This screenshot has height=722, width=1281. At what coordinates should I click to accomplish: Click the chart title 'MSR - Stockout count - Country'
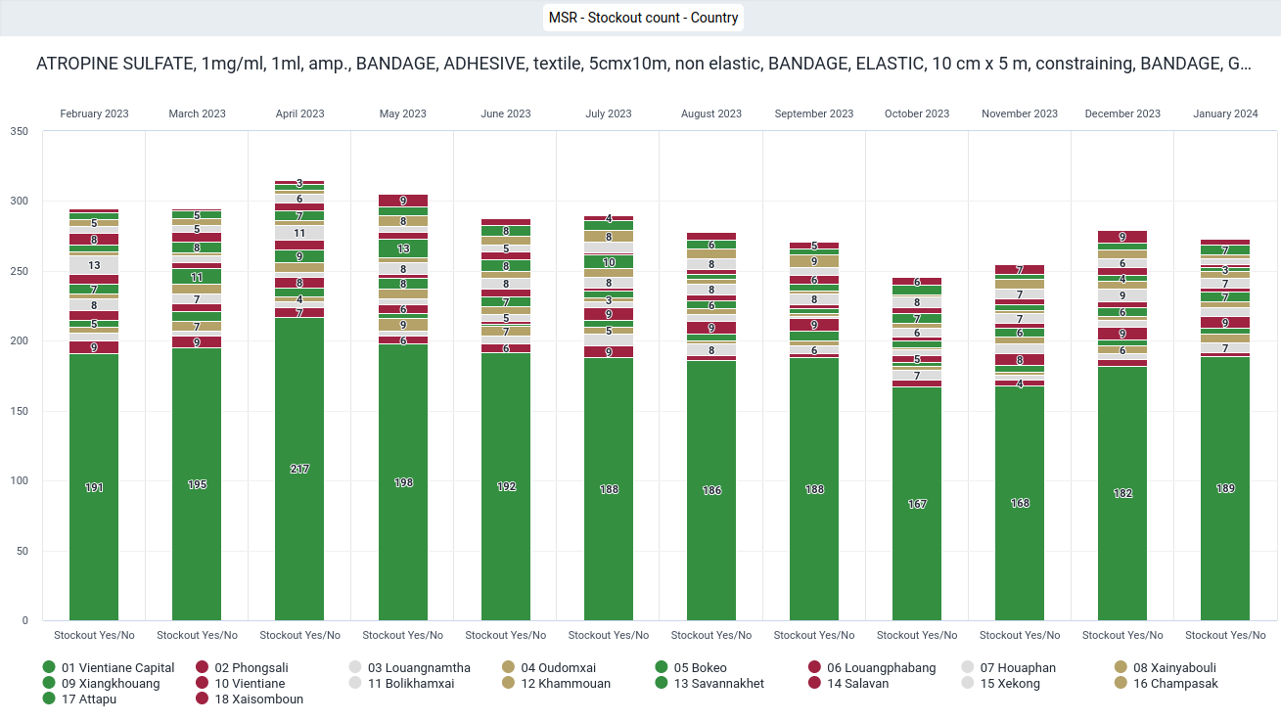643,18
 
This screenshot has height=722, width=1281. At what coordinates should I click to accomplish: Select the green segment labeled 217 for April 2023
299,470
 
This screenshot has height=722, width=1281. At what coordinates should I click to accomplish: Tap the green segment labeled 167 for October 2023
917,504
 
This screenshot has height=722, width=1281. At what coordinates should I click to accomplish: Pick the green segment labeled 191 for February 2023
94,487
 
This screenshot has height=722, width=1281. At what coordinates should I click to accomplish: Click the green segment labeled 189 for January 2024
1225,489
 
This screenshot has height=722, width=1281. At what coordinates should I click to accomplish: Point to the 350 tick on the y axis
19,131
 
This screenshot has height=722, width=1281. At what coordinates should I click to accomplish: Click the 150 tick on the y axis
19,411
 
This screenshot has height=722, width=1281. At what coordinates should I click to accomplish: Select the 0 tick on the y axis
25,621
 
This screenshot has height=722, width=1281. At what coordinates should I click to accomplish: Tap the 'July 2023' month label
609,113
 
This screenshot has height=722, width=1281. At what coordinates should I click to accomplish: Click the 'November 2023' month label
1020,113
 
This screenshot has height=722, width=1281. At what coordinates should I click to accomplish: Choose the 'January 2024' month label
1225,113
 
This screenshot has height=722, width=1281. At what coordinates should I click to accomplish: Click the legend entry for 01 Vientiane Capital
109,667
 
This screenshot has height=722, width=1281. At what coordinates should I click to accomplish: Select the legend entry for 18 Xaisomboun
250,699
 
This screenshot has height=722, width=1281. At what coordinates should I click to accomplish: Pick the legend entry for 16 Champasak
1167,684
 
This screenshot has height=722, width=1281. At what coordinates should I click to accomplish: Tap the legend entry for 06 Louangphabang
872,667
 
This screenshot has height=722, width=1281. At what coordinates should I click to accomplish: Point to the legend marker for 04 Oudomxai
509,667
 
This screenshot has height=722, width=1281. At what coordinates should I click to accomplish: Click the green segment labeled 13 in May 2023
403,248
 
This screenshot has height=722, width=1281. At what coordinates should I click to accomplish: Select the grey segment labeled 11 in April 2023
299,233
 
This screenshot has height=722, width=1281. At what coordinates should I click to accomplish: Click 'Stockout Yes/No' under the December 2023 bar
1122,635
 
